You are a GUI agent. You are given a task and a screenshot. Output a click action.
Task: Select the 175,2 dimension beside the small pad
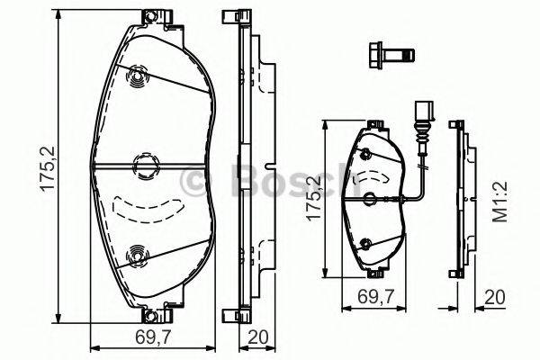pos(312,198)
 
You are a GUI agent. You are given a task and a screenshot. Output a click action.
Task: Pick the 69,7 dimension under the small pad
pos(373,295)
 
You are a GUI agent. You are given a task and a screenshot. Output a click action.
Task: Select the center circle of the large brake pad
pos(144,165)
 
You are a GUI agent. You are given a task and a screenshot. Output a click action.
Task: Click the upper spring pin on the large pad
pos(137,79)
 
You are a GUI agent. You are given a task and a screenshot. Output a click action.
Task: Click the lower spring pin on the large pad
pos(137,256)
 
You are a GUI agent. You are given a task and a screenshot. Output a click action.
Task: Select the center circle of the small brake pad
pos(371,197)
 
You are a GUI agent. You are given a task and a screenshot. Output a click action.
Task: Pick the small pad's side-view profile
pos(460,198)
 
